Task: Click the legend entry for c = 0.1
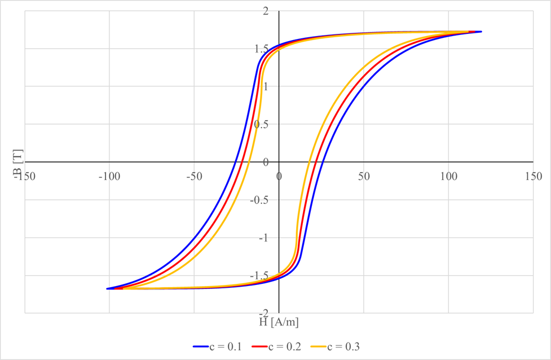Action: coord(217,346)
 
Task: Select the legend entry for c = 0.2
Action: coord(281,346)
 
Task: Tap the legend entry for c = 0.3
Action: coord(345,346)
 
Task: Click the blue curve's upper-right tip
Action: coord(481,32)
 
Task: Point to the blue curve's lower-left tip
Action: coord(107,288)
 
